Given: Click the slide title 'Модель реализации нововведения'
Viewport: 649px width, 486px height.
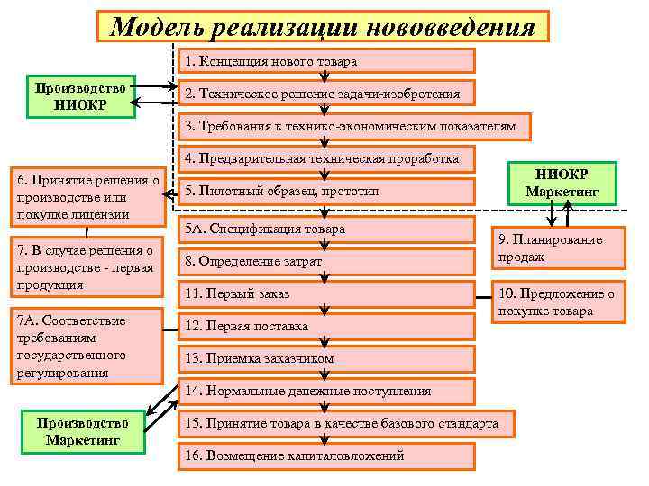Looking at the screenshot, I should pyautogui.click(x=323, y=27).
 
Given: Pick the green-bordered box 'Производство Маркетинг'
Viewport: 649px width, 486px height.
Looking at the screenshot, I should pyautogui.click(x=82, y=431).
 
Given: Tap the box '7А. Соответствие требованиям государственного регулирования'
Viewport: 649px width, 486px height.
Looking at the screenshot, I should pyautogui.click(x=84, y=346).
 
